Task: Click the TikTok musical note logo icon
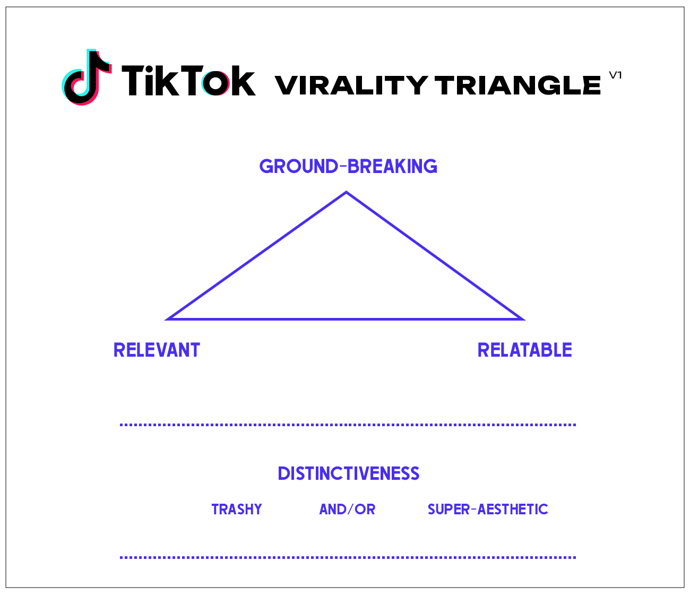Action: click(87, 77)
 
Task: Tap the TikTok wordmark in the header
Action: click(188, 81)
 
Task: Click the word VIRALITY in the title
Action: click(351, 85)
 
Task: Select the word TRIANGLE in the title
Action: click(517, 85)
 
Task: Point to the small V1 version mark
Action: click(615, 75)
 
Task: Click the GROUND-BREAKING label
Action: click(348, 167)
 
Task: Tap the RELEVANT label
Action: click(157, 350)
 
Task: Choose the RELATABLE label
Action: click(524, 350)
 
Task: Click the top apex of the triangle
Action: click(346, 193)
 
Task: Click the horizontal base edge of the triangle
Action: click(345, 319)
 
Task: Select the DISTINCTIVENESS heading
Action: click(348, 473)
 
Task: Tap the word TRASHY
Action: click(237, 510)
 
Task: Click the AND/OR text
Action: click(347, 510)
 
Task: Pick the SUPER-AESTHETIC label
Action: click(488, 510)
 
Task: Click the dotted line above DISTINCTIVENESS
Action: click(348, 425)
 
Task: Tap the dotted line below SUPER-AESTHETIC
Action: click(348, 557)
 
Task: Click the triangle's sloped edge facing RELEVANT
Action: click(257, 255)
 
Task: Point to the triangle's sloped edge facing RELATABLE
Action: click(435, 256)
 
